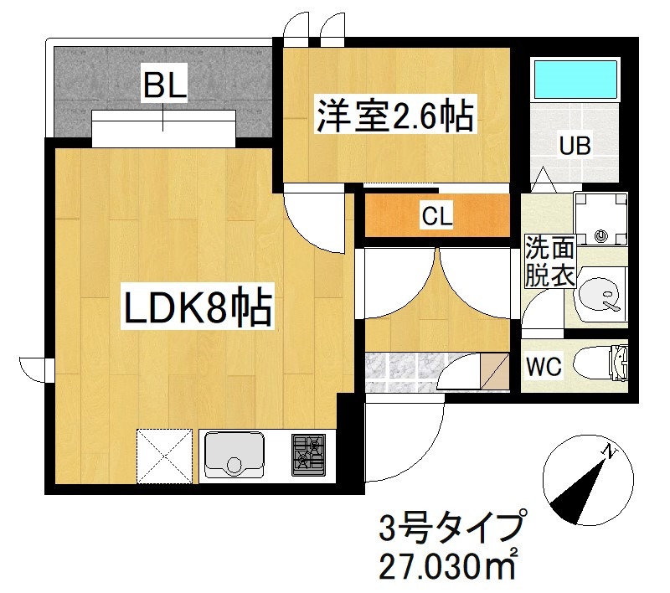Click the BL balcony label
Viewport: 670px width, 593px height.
[163, 85]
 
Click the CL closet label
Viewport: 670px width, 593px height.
[436, 217]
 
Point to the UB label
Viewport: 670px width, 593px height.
[575, 146]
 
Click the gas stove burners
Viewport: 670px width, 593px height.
[308, 455]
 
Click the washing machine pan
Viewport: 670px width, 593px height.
[600, 218]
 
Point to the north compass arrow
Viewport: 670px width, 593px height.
[585, 482]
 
